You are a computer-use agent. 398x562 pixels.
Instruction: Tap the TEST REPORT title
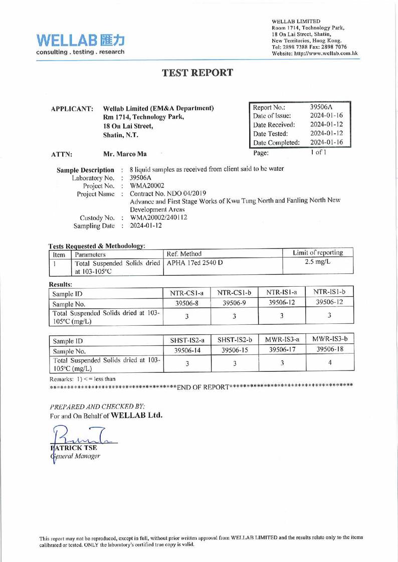(198, 72)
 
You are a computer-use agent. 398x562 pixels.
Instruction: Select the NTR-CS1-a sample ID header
(185, 291)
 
